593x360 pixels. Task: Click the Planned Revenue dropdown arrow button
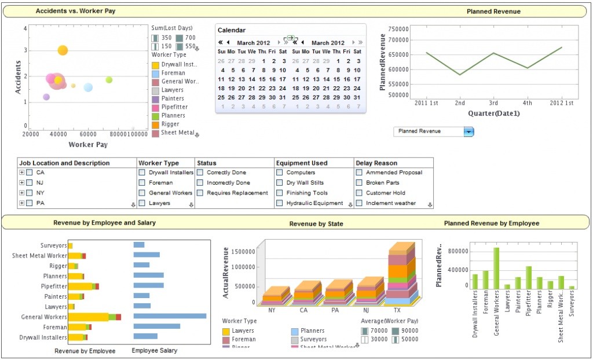468,132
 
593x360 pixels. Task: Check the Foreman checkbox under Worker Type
142,183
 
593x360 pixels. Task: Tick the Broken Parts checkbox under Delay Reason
359,183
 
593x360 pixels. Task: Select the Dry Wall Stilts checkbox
280,183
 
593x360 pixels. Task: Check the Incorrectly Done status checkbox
200,183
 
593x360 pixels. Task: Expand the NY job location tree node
22,193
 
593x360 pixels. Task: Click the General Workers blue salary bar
170,316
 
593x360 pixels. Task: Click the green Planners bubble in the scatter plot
109,80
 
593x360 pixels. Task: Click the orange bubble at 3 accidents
63,50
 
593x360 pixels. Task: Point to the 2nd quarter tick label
460,103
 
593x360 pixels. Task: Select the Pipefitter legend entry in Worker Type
173,107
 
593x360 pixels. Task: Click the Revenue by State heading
316,223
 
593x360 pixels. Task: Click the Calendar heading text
231,30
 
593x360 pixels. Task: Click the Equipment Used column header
302,163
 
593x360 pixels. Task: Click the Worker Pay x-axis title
88,145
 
